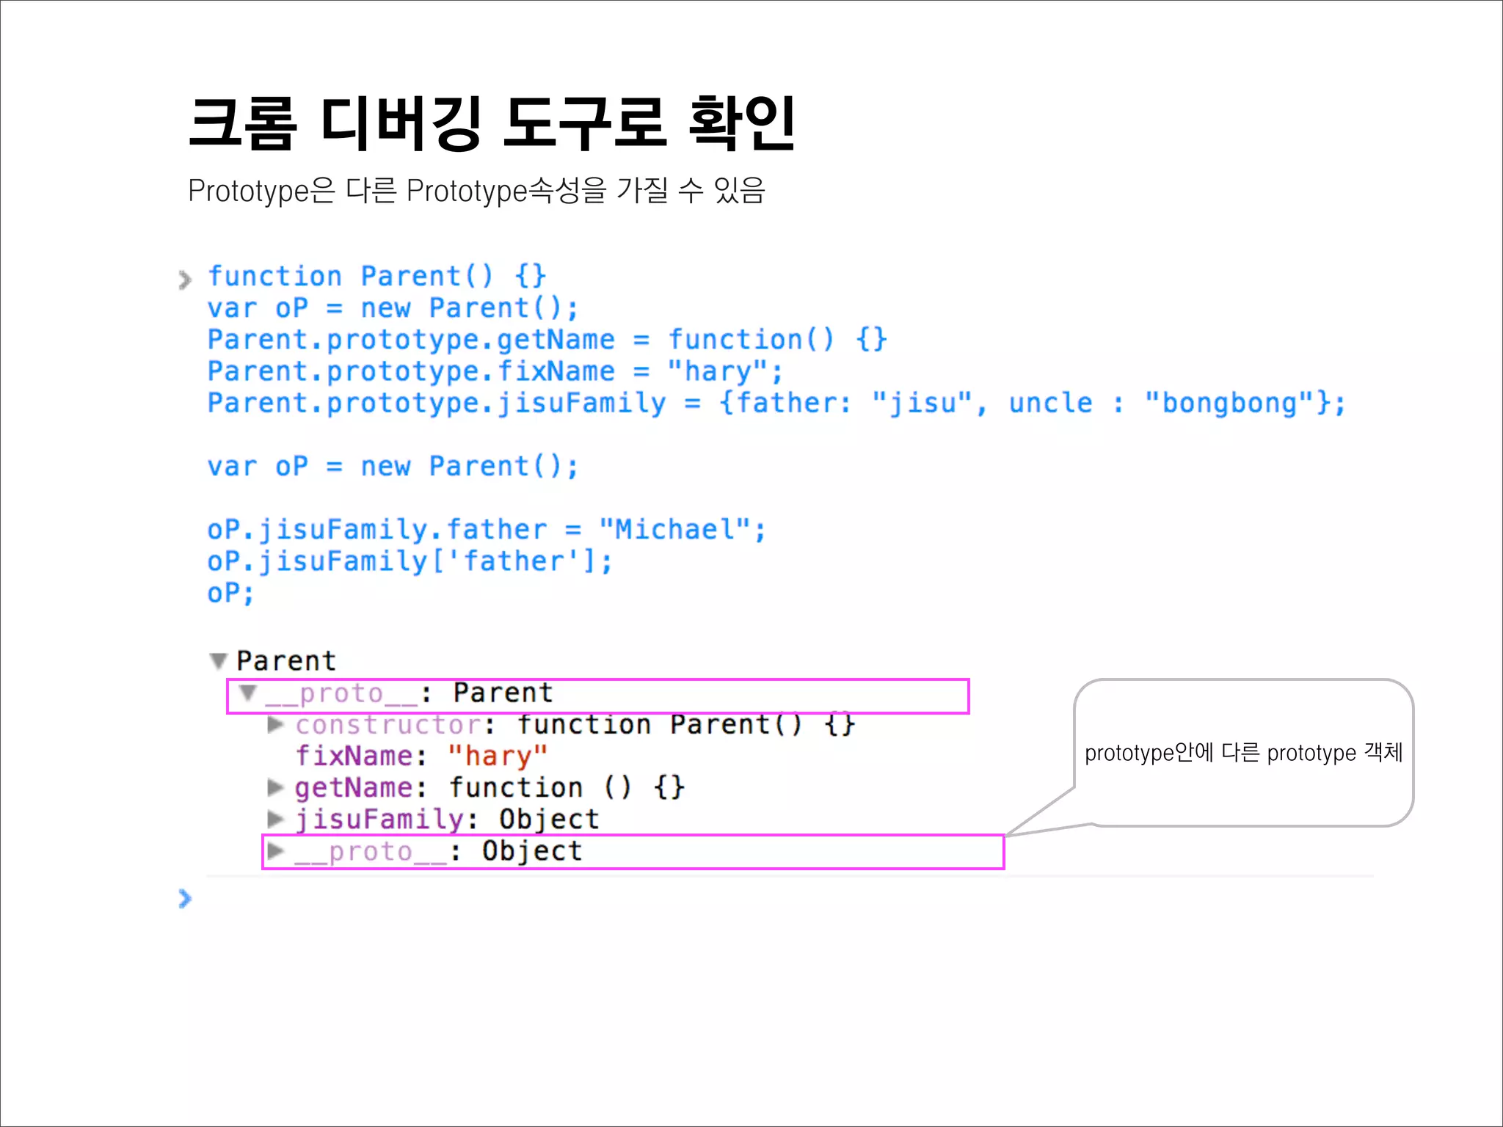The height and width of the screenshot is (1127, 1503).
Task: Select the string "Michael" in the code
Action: [x=674, y=529]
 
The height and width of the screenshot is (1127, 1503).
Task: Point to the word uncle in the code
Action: [x=1050, y=403]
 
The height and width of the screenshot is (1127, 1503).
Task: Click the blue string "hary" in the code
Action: [x=717, y=371]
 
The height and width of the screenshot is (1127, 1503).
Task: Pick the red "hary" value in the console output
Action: [x=498, y=756]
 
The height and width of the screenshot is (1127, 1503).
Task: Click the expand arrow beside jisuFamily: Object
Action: [x=275, y=819]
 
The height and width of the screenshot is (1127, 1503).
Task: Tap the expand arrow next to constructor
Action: [x=275, y=724]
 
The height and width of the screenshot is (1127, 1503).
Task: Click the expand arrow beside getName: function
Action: [x=275, y=787]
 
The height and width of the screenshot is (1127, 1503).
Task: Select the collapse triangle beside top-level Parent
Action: [x=218, y=661]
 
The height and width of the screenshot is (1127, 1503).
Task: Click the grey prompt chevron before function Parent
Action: [x=185, y=279]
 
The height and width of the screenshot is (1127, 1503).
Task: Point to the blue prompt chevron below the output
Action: [x=185, y=898]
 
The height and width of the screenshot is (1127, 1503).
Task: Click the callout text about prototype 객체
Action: [x=1243, y=753]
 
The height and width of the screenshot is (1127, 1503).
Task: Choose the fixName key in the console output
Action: [x=354, y=756]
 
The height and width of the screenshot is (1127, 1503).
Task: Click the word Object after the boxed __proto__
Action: [x=532, y=851]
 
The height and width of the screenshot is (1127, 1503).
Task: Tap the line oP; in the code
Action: [x=230, y=593]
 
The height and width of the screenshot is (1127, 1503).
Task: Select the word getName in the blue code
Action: [x=556, y=340]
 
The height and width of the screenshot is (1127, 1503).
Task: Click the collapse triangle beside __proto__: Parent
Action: [x=248, y=693]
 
